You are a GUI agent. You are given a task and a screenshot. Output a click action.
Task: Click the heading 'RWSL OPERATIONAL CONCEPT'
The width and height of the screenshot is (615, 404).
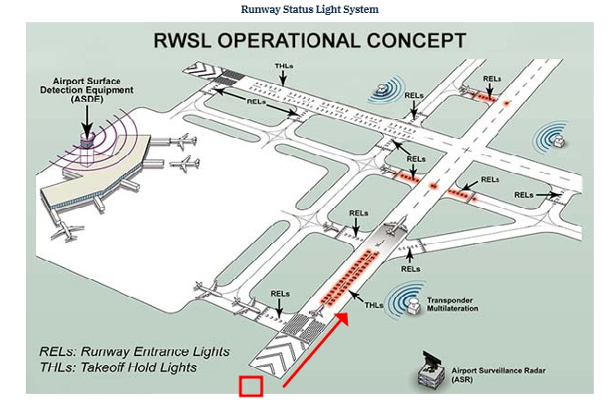(x=308, y=42)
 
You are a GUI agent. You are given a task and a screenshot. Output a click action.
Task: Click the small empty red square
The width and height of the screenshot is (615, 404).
(x=252, y=386)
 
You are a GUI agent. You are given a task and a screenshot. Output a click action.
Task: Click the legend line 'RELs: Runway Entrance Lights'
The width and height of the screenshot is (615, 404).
(x=135, y=352)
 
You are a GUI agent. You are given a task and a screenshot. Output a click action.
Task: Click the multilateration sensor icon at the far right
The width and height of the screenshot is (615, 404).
(x=560, y=140)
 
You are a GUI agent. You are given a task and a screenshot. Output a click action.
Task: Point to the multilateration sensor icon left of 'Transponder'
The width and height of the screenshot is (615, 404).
(x=404, y=303)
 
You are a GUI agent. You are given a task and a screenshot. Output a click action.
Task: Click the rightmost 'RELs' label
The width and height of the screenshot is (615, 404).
(x=524, y=195)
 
